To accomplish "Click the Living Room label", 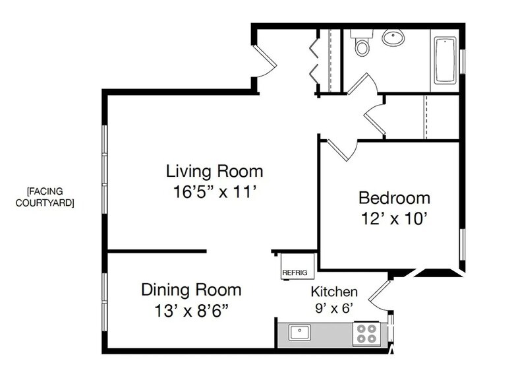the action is point(215,172).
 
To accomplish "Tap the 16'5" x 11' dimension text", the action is point(215,191).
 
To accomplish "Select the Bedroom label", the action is point(394,198).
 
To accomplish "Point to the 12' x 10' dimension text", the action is point(394,218).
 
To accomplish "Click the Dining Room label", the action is point(191,290).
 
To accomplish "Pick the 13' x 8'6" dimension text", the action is point(191,310).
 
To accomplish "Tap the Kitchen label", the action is point(334,292).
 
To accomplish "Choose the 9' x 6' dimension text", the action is point(334,308).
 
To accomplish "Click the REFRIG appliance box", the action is point(298,267).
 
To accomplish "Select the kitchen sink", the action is point(299,333).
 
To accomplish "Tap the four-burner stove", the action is point(367,334).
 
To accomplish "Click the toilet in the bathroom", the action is point(362,42).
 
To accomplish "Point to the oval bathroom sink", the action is point(393,37).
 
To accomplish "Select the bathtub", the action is point(445,61).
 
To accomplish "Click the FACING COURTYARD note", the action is point(45,197).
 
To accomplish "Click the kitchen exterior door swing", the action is point(380,296).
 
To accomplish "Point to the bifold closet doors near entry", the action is point(314,61).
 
